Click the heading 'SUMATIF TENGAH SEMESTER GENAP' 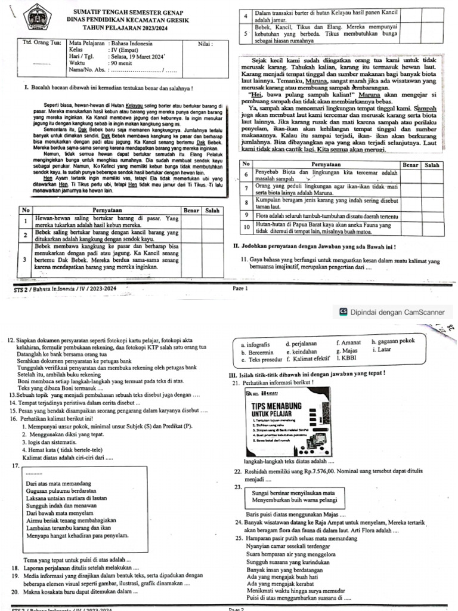[x=128, y=13]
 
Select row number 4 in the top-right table [x=246, y=16]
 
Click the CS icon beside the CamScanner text [x=343, y=311]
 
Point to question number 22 [x=237, y=471]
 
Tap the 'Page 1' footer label [x=239, y=288]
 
